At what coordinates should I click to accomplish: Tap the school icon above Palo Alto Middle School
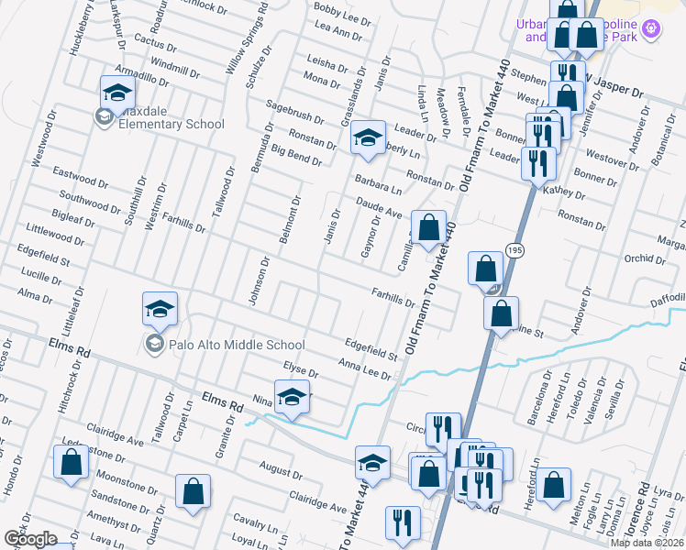pos(160,309)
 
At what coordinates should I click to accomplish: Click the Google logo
pos(30,539)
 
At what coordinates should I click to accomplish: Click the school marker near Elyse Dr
pos(292,397)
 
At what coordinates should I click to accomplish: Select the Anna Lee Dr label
pos(365,369)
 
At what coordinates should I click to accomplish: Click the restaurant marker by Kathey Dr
pos(537,164)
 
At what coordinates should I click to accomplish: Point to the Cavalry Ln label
pos(256,522)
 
